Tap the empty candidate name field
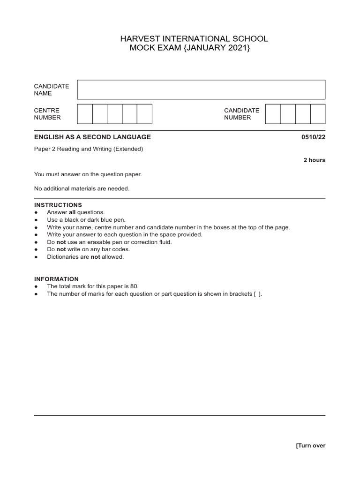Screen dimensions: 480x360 (x=201, y=90)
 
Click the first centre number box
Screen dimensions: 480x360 (x=85, y=114)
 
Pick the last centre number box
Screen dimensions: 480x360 (x=144, y=114)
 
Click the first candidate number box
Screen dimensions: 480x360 (x=273, y=114)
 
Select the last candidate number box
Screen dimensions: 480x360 (x=317, y=114)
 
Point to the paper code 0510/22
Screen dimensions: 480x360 (x=313, y=137)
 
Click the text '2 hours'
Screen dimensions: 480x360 (x=314, y=160)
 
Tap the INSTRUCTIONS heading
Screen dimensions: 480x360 (x=58, y=205)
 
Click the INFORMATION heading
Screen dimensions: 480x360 (x=56, y=279)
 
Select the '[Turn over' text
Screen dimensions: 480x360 (x=310, y=446)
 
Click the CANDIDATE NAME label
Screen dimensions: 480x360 (x=52, y=90)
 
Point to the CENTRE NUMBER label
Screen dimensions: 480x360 (x=47, y=114)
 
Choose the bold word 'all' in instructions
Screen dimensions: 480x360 (x=72, y=212)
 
